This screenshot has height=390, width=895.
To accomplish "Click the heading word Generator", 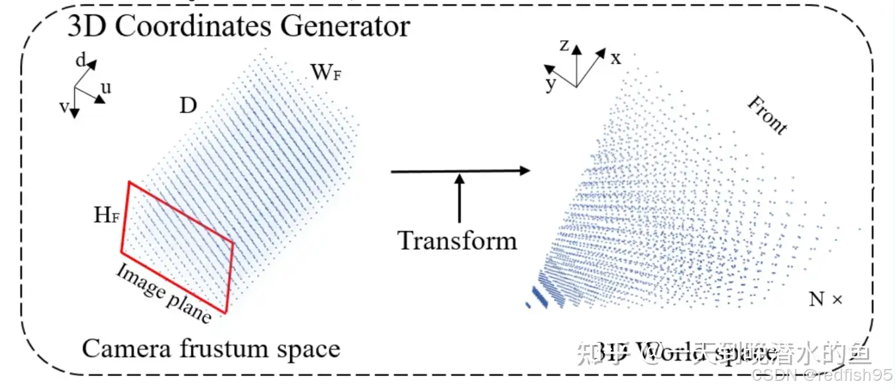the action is point(345,26).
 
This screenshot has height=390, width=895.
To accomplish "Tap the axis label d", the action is point(80,62).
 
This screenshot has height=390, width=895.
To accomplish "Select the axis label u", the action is point(105,87).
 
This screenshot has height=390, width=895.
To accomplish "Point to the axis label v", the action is point(64,107).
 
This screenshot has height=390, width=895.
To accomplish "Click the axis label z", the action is point(564,45).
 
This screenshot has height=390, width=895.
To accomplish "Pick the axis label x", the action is point(616,58).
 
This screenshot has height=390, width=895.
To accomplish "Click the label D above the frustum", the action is point(188,105).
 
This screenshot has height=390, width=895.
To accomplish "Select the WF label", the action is point(327,72).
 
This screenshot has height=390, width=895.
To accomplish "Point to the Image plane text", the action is point(164,293).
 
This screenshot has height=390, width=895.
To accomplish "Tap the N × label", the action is point(825,299).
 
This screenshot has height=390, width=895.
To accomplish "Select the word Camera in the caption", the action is point(121,349).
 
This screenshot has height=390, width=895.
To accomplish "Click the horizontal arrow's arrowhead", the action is point(525,171).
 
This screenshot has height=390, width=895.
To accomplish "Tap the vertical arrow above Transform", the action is point(459,197).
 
